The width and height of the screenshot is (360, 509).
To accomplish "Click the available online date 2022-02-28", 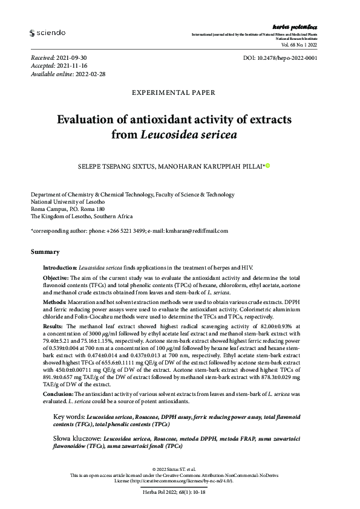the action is [90, 74].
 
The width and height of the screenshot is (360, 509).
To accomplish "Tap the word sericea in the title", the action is [209, 135].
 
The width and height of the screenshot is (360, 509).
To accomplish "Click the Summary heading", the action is [45, 251].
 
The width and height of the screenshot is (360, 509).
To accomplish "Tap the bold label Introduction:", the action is [59, 267].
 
